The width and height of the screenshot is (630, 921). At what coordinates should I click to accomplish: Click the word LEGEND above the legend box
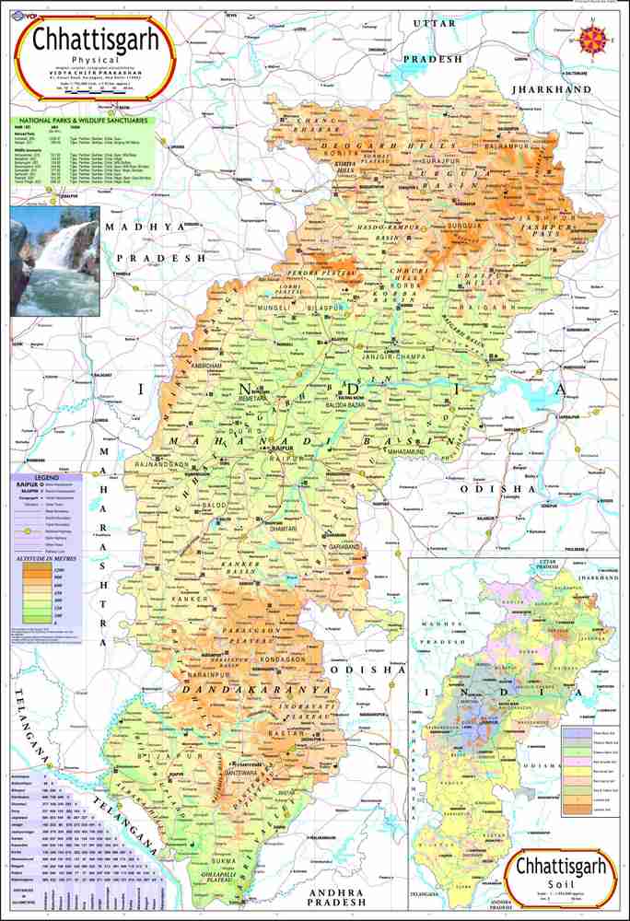pyautogui.click(x=46, y=477)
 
